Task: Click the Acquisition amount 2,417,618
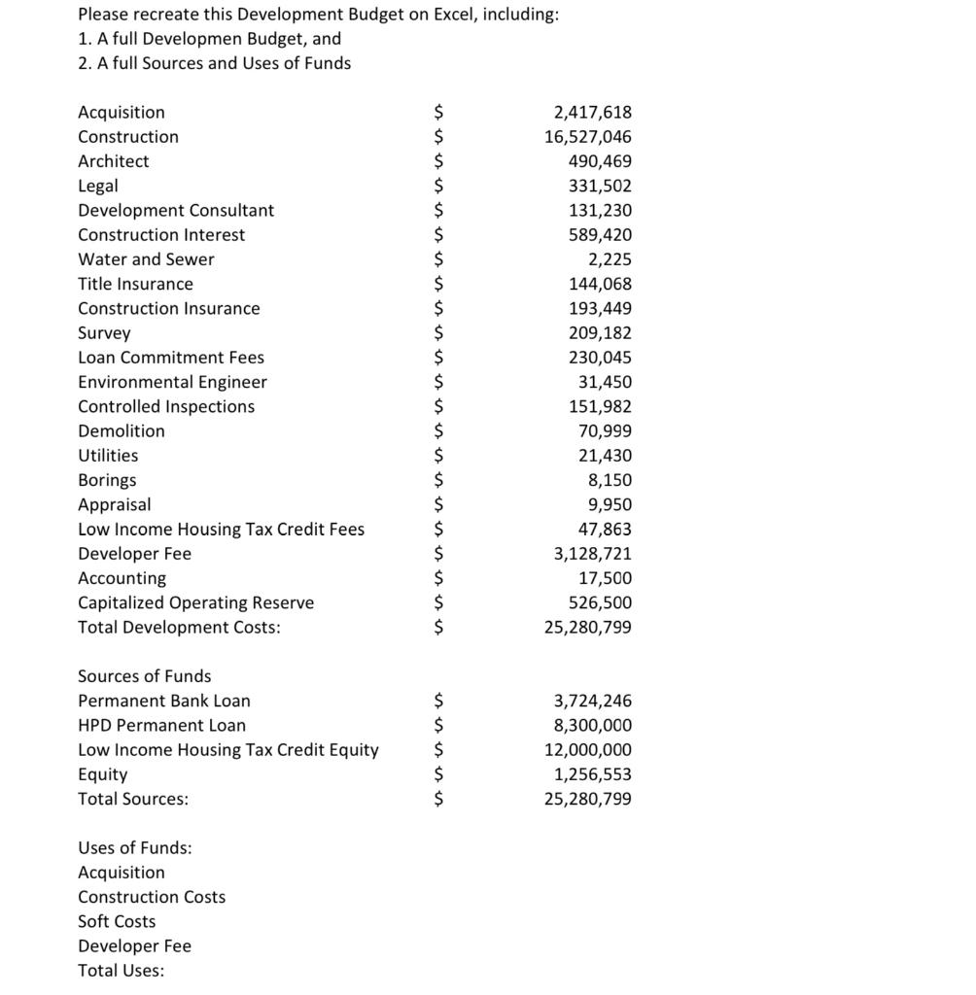[x=592, y=113]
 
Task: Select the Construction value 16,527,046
[x=587, y=137]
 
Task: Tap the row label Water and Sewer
[x=146, y=259]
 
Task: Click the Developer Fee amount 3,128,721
[x=592, y=554]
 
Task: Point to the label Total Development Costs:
[x=179, y=628]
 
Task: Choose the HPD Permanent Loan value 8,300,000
[x=592, y=726]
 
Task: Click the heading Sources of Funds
[x=144, y=676]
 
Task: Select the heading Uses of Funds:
[x=134, y=848]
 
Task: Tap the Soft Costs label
[x=117, y=922]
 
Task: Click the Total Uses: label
[x=121, y=971]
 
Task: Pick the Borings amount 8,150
[x=610, y=480]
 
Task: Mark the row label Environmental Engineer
[x=172, y=383]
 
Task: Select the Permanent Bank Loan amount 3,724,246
[x=592, y=701]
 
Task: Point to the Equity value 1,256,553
[x=592, y=774]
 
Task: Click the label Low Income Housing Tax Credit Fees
[x=221, y=530]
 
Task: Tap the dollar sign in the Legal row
[x=438, y=186]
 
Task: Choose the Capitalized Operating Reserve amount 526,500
[x=600, y=602]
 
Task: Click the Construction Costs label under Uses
[x=152, y=897]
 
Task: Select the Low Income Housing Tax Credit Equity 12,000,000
[x=587, y=750]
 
